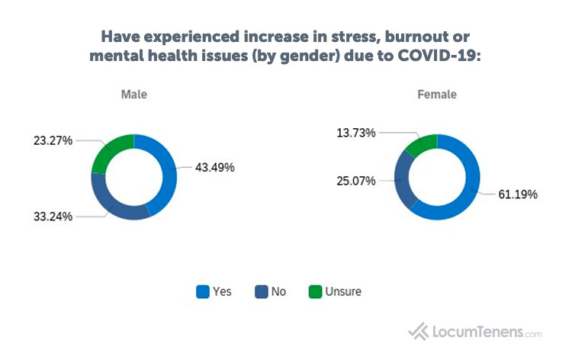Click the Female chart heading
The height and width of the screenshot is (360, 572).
pyautogui.click(x=437, y=95)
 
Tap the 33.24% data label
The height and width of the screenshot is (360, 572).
pyautogui.click(x=53, y=216)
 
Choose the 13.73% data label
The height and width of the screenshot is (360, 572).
pyautogui.click(x=355, y=133)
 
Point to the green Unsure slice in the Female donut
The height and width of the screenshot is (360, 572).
pyautogui.click(x=420, y=143)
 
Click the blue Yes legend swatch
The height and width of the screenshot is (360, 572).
pyautogui.click(x=202, y=291)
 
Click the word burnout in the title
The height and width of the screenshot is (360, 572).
pyautogui.click(x=426, y=37)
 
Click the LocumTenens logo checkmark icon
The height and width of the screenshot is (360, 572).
pyautogui.click(x=419, y=332)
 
